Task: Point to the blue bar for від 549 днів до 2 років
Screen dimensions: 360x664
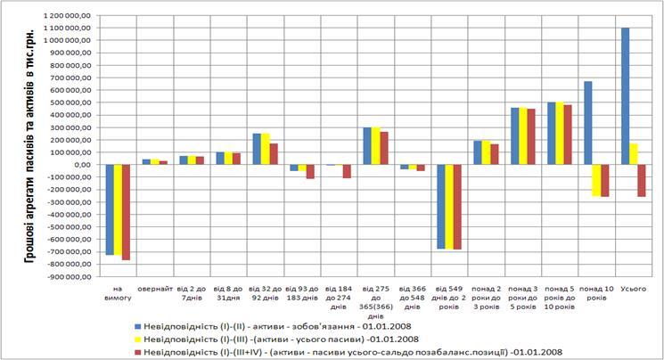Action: (x=439, y=207)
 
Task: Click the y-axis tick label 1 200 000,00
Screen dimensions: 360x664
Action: (x=65, y=16)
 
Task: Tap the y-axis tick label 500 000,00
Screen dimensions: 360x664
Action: (x=69, y=102)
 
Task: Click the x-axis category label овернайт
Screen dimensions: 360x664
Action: (x=155, y=287)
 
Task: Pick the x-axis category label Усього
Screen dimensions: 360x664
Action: (x=633, y=287)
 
